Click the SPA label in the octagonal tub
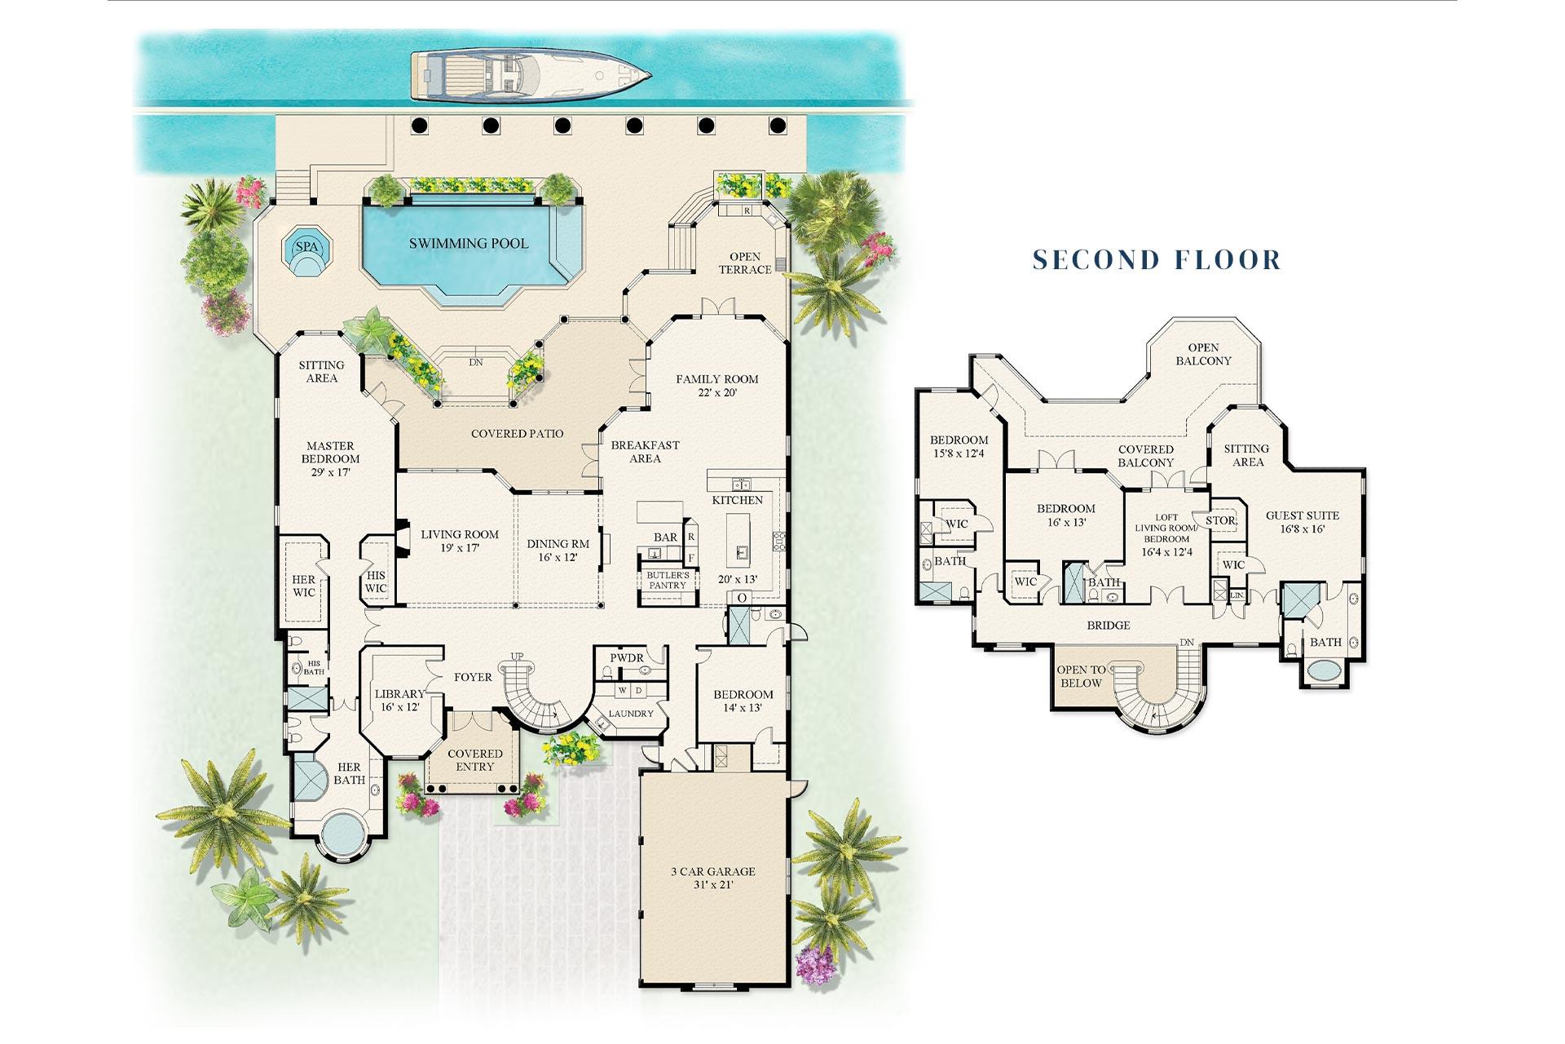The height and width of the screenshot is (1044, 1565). point(306,247)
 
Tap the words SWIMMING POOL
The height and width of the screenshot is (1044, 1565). point(468,243)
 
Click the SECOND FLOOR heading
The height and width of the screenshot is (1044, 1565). point(1157,260)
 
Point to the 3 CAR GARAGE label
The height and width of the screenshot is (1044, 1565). point(712,878)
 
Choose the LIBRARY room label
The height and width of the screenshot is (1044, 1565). point(399,701)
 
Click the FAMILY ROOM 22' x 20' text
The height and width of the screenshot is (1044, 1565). point(716,385)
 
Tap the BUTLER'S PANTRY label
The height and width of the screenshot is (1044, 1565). point(668,580)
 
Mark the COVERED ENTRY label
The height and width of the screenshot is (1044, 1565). point(474,760)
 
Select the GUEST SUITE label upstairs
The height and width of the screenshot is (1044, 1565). point(1302,522)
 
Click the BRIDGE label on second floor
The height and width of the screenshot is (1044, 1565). point(1109,626)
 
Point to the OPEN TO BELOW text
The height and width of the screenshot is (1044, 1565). point(1081,676)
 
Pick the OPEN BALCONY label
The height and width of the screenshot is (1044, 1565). point(1203,354)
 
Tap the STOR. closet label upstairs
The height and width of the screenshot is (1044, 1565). point(1220,520)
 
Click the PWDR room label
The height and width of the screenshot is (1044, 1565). point(627,657)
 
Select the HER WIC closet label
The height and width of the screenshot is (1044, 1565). point(303,586)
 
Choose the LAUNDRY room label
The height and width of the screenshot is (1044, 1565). point(631,714)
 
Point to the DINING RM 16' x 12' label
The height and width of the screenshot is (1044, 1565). point(558,551)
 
